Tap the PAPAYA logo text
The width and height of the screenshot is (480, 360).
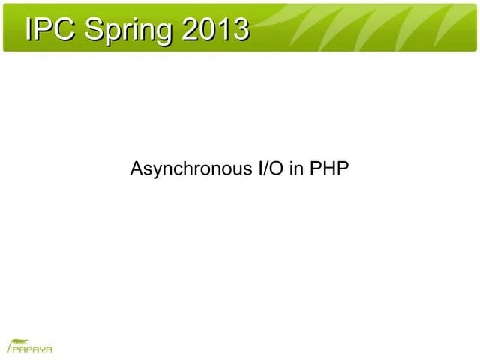click(31, 349)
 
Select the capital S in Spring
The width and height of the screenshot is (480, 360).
click(93, 29)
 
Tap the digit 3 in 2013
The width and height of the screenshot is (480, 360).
click(240, 29)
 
